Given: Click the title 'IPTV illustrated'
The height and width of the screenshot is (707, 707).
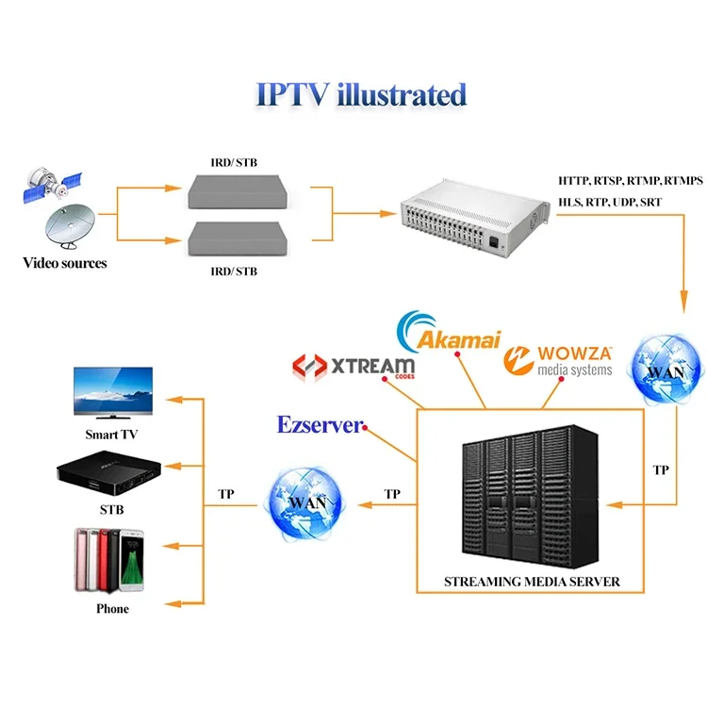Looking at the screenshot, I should point(361,95).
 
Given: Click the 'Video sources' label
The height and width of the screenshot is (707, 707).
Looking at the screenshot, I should point(65,263).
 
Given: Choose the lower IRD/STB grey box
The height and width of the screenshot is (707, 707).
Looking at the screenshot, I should point(233,239).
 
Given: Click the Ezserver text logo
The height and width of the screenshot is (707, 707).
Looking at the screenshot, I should point(320,425).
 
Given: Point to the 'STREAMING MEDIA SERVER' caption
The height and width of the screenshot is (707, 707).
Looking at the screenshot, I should point(532,582).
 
